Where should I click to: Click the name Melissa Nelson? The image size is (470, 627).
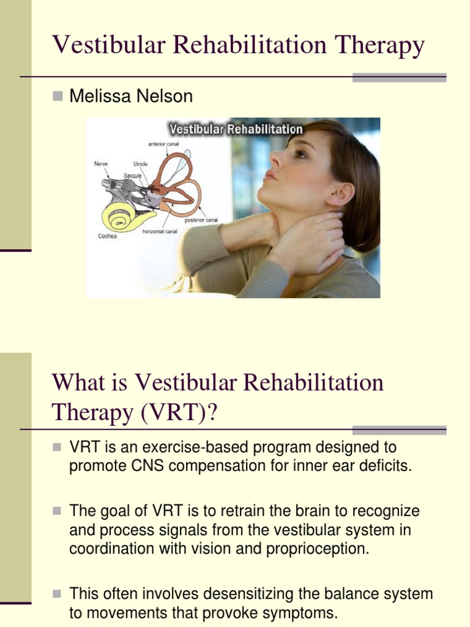[x=131, y=96]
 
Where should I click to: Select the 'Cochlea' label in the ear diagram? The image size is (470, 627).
[x=108, y=235]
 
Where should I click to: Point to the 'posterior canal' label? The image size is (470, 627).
[x=201, y=220]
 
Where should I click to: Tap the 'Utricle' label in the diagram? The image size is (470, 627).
[x=140, y=164]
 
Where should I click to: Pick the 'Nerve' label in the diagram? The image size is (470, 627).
[x=101, y=164]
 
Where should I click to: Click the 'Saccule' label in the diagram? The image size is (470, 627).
[x=133, y=176]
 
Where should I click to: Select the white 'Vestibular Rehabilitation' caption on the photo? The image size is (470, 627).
[x=236, y=129]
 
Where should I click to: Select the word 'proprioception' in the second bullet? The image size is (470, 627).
[x=318, y=549]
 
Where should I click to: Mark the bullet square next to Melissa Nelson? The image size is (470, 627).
[x=58, y=96]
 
